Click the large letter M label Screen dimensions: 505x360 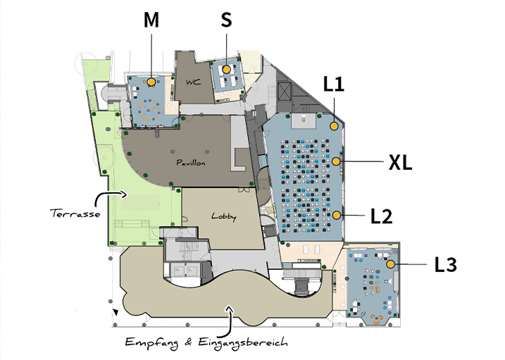151,20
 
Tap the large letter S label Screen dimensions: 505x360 226,20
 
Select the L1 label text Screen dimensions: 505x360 334,85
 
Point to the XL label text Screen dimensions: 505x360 400,162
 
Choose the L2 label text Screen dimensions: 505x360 381,216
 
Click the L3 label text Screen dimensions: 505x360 446,265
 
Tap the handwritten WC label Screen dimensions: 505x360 193,82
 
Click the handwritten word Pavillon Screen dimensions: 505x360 191,163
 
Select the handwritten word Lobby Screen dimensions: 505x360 223,217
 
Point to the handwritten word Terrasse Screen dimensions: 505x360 75,213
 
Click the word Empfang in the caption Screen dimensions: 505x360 151,342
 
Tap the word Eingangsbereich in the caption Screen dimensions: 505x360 243,342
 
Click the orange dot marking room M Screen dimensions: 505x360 151,82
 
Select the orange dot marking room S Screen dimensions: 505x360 226,69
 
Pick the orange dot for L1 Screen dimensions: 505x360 334,126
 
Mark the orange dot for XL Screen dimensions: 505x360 336,161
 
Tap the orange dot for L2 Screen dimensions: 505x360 337,215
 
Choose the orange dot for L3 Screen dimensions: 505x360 391,264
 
